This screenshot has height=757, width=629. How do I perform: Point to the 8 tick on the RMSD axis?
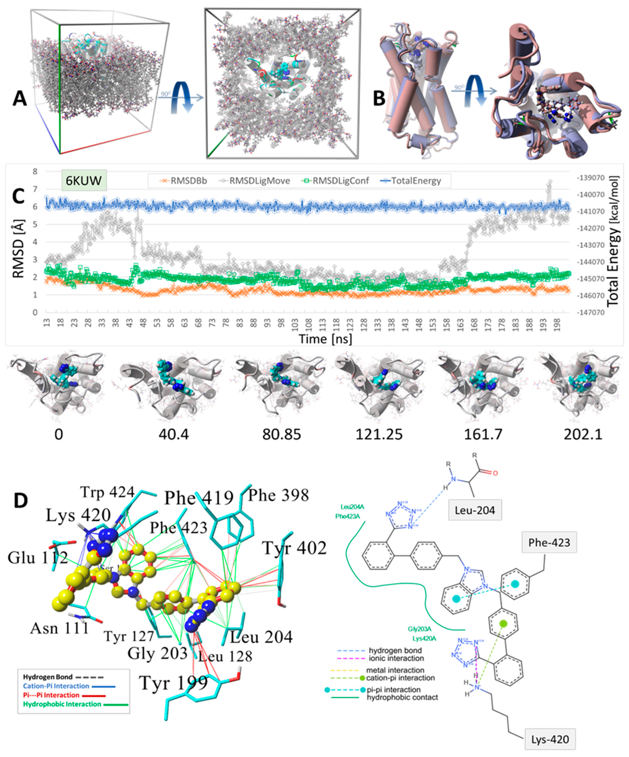click(35, 172)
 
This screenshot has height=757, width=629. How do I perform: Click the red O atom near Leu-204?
click(495, 473)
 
